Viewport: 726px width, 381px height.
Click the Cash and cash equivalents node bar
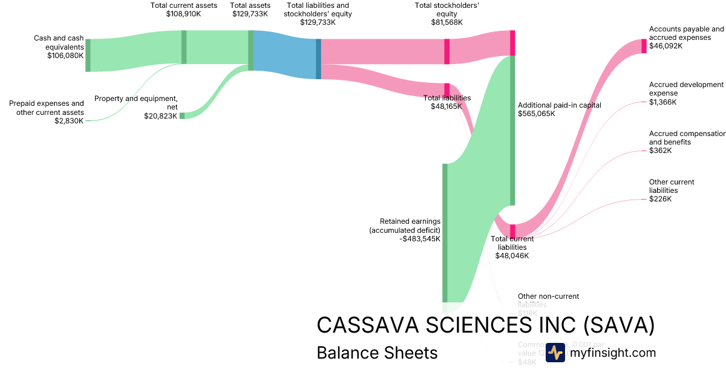pos(88,55)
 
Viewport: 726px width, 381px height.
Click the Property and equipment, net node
pos(181,116)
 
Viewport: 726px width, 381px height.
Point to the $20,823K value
pos(160,116)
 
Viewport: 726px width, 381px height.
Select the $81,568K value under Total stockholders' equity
pos(447,22)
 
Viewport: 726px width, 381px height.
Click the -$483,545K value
pos(420,239)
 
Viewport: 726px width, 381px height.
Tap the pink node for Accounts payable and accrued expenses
pos(644,46)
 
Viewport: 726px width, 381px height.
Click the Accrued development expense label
pos(686,89)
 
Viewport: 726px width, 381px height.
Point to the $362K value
pos(660,151)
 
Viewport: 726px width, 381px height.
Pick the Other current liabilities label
pos(671,186)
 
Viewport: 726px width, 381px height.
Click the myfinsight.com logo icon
pos(555,353)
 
